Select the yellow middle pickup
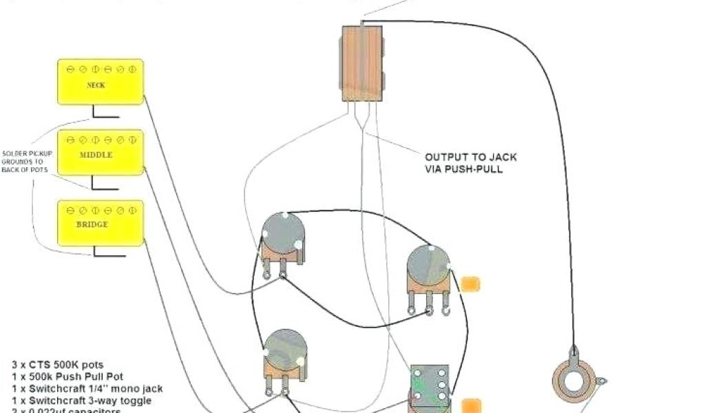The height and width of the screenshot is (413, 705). click(100, 152)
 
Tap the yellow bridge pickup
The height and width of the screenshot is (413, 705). click(100, 222)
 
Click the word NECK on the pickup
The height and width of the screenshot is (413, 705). click(96, 85)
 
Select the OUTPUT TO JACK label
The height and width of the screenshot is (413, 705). click(470, 157)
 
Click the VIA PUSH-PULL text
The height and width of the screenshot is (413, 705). click(463, 169)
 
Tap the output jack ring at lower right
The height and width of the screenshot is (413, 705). click(573, 380)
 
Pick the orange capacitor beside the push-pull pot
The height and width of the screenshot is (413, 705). click(471, 406)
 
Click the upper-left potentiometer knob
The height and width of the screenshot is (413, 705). click(283, 234)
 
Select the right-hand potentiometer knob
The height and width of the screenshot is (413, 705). click(428, 268)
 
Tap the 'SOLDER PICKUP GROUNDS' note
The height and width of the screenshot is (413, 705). click(27, 161)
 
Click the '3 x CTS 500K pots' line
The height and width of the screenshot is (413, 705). click(58, 364)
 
